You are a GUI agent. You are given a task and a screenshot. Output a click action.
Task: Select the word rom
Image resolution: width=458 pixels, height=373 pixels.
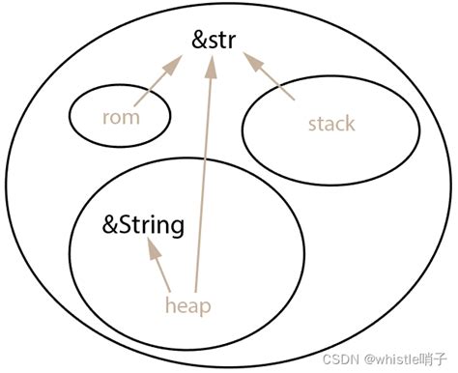pyautogui.click(x=121, y=118)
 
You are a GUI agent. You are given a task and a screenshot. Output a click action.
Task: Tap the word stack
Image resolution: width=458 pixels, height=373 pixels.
pyautogui.click(x=331, y=124)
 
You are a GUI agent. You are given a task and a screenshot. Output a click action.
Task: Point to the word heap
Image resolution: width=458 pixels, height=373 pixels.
pyautogui.click(x=187, y=305)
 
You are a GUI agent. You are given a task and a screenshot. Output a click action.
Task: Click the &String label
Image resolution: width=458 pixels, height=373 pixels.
pyautogui.click(x=143, y=227)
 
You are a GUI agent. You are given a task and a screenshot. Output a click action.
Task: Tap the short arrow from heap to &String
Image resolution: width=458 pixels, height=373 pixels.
pyautogui.click(x=159, y=269)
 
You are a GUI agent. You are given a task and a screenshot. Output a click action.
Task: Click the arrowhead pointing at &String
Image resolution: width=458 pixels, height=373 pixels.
pyautogui.click(x=151, y=250)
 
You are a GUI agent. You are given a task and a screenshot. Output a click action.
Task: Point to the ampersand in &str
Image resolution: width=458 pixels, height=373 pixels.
pyautogui.click(x=199, y=43)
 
